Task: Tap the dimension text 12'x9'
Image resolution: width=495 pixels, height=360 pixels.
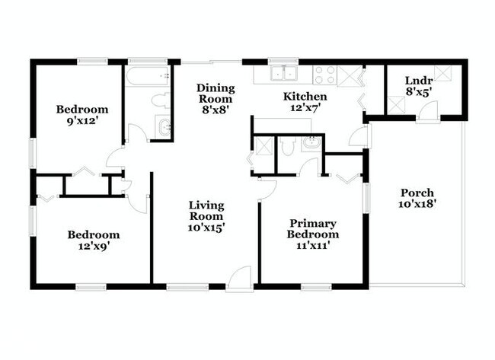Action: [x=92, y=247]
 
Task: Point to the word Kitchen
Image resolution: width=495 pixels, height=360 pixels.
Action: [x=305, y=97]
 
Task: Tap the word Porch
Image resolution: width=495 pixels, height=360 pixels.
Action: [x=415, y=193]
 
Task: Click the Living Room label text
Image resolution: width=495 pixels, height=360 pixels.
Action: [x=206, y=211]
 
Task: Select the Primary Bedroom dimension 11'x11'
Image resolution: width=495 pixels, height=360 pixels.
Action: [x=312, y=247]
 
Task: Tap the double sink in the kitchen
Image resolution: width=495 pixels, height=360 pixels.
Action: [x=285, y=74]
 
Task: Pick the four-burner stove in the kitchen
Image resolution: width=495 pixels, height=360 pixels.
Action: [x=325, y=75]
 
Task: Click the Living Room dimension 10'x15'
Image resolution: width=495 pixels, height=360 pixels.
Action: [x=206, y=227]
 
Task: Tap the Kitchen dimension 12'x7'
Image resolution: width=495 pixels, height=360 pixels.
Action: [x=305, y=109]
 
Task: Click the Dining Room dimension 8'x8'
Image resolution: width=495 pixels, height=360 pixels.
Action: [x=216, y=110]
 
